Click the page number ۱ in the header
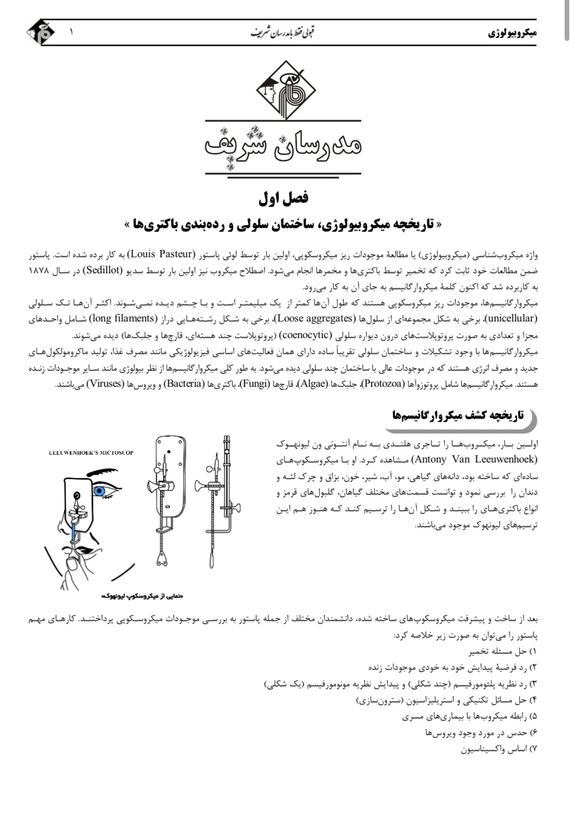pos(71,31)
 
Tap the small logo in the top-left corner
pos(39,32)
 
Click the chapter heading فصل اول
pos(283,198)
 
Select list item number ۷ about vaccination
pos(498,750)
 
